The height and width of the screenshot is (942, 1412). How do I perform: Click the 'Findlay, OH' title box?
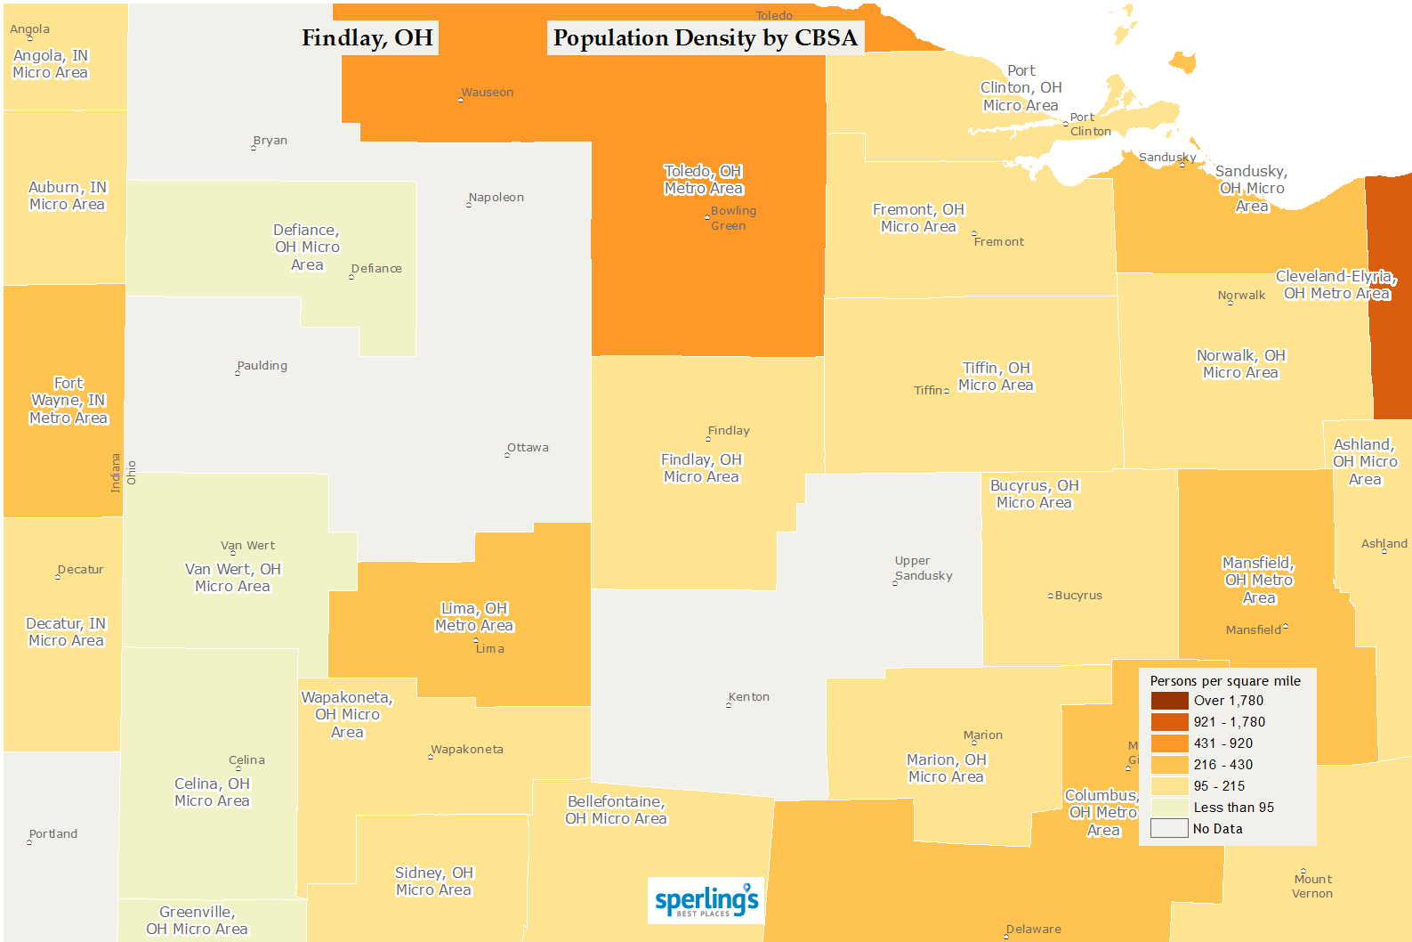(367, 38)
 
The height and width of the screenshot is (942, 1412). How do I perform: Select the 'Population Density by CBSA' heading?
(706, 38)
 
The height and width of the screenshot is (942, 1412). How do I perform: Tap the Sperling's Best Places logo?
(706, 900)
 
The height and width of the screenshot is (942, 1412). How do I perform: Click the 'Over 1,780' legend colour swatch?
(1169, 701)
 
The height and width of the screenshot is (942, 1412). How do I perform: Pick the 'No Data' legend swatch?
(1169, 829)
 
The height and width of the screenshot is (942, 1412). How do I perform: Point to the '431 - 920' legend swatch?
(1169, 743)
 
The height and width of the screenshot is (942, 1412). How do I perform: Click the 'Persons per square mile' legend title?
(1225, 681)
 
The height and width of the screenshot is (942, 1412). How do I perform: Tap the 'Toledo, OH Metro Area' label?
(703, 180)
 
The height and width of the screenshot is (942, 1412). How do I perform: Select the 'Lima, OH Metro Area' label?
(473, 617)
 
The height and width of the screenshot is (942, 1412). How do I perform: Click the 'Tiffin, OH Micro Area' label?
(996, 377)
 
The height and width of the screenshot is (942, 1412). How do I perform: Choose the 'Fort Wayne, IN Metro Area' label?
(69, 401)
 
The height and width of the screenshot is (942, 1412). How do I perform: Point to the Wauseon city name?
(487, 93)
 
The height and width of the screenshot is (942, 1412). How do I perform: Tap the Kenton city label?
(748, 697)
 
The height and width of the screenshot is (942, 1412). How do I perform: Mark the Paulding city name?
(262, 366)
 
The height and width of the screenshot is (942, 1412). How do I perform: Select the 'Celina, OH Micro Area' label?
(212, 792)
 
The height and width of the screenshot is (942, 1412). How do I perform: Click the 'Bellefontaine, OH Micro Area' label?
(616, 810)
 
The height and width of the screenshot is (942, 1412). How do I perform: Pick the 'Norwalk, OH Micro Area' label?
(1240, 364)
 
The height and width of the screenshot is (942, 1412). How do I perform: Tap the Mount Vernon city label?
(1312, 886)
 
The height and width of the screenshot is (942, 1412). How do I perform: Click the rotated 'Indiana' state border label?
(116, 473)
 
